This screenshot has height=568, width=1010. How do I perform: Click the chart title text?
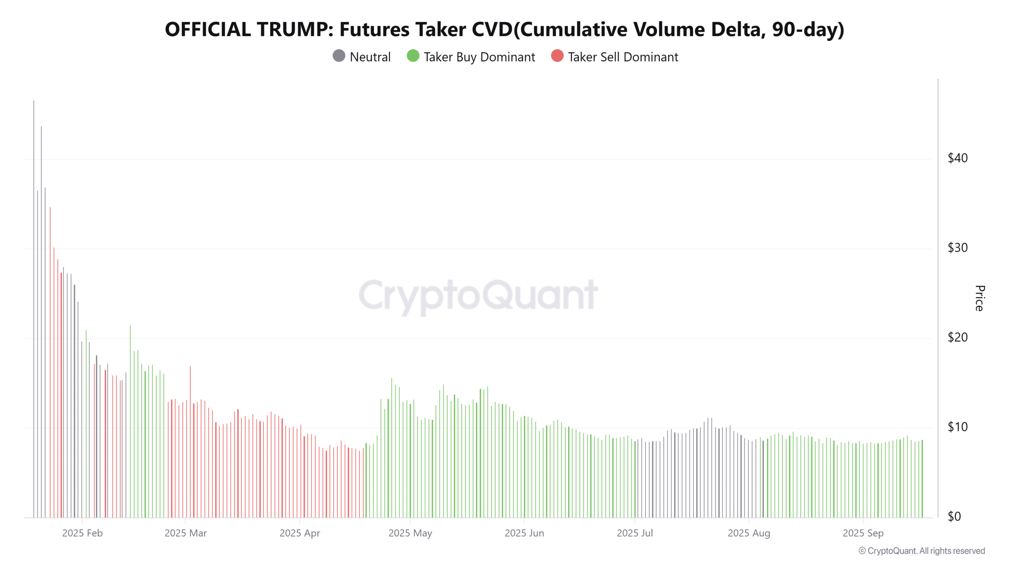coord(504,29)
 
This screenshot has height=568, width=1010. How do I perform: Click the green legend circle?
coord(413,56)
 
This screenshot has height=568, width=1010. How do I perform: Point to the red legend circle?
coord(557,56)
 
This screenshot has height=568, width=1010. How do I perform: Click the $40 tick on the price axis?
coord(958,158)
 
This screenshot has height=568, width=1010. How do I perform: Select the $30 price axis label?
coord(958,248)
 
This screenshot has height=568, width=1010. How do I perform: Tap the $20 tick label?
coord(958,337)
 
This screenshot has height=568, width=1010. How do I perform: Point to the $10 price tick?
coord(958,427)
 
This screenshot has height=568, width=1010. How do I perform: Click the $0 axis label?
coord(954,516)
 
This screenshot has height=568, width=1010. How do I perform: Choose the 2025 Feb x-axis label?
coord(82,533)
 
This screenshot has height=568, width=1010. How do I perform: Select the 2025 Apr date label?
coord(299,533)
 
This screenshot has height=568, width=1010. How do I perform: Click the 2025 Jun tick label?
coord(524,533)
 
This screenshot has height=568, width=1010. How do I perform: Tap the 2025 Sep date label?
coord(863,533)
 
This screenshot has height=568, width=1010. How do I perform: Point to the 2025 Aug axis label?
coord(748,533)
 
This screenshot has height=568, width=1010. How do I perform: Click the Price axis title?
coord(980,298)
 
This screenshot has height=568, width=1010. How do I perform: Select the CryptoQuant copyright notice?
coord(921,551)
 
